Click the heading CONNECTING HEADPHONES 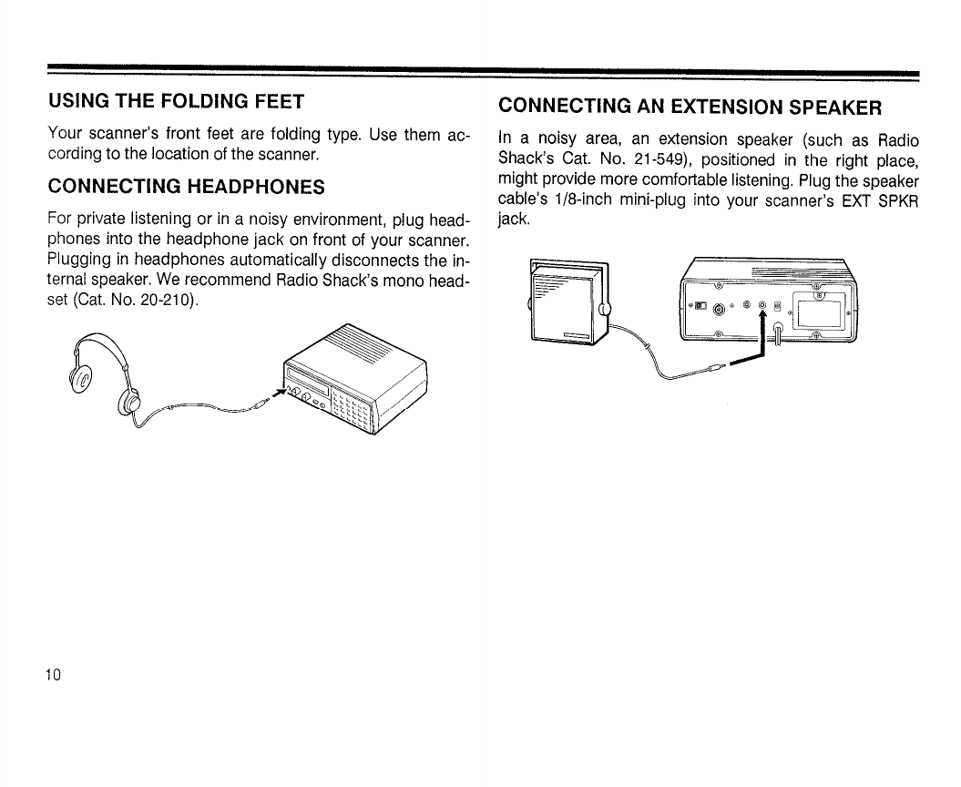pos(186,187)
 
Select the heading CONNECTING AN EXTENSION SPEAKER pos(690,107)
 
